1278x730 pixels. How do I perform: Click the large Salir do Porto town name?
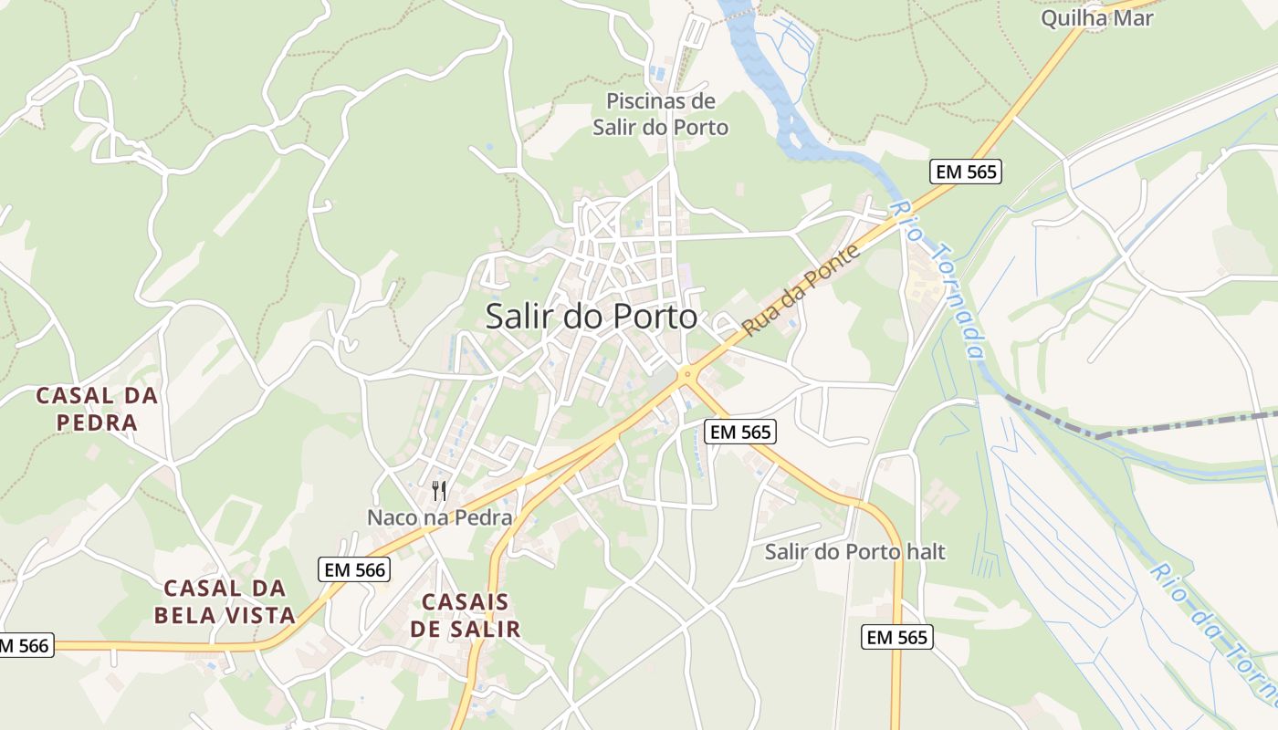tap(592, 317)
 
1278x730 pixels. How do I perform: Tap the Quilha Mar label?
tap(1096, 17)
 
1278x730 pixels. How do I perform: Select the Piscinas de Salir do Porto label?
tap(661, 114)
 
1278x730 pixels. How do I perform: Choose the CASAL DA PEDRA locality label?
tap(97, 409)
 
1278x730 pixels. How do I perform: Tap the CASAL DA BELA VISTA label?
tap(225, 601)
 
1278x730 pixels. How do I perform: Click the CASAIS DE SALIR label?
tap(466, 615)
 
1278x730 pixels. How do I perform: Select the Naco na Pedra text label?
tap(439, 517)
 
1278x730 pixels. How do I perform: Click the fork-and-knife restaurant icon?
tap(439, 491)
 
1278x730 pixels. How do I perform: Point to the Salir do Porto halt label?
tap(855, 552)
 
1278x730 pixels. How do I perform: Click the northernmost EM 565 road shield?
tap(966, 171)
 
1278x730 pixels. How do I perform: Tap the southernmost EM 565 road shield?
tap(897, 637)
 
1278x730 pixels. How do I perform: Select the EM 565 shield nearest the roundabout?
tap(741, 432)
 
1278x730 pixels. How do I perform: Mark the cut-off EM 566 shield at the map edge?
tap(25, 645)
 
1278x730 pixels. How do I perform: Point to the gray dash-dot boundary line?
tap(1141, 426)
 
